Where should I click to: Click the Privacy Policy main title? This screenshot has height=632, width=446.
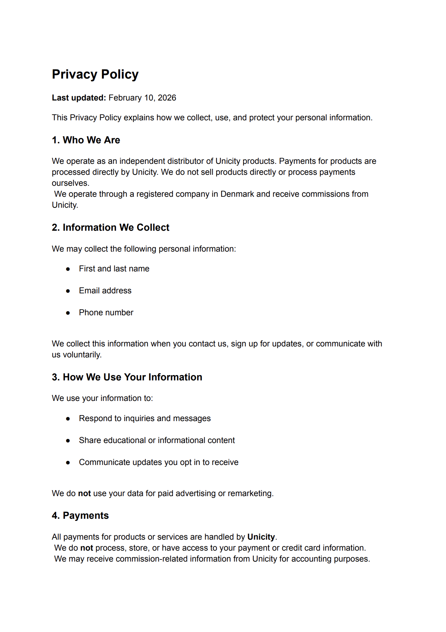[x=95, y=74]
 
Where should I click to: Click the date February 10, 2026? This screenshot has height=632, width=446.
[x=142, y=98]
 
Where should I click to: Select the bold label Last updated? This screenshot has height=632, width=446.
[x=79, y=98]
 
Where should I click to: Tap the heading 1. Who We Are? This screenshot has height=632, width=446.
[x=86, y=140]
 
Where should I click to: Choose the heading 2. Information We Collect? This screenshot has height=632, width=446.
[x=110, y=228]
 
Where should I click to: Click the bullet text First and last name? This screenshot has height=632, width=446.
[x=114, y=269]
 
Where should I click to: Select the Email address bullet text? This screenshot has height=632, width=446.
[x=105, y=291]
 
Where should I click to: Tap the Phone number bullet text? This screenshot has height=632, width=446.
[x=106, y=312]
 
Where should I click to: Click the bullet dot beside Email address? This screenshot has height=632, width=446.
[x=68, y=291]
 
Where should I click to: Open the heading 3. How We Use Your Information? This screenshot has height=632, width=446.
[x=127, y=377]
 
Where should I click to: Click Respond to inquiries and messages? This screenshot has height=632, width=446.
[x=145, y=418]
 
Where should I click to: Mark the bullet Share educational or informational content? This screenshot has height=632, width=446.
[x=157, y=440]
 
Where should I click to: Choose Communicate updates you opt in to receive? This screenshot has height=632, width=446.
[x=159, y=462]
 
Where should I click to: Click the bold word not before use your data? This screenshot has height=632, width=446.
[x=84, y=493]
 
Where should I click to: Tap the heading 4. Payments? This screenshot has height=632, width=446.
[x=80, y=516]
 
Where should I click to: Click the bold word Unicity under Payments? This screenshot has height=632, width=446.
[x=261, y=537]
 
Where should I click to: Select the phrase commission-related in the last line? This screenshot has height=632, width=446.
[x=151, y=559]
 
